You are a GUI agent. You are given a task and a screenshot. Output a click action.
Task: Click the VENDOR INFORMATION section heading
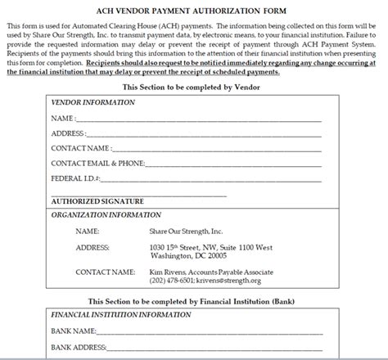93,104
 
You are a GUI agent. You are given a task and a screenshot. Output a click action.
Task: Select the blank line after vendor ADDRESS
205,134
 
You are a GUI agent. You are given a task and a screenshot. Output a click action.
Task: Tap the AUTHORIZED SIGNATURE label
97,200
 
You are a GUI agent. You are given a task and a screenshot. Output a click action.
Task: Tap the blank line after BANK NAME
213,332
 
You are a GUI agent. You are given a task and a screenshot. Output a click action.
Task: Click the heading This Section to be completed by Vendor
192,86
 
